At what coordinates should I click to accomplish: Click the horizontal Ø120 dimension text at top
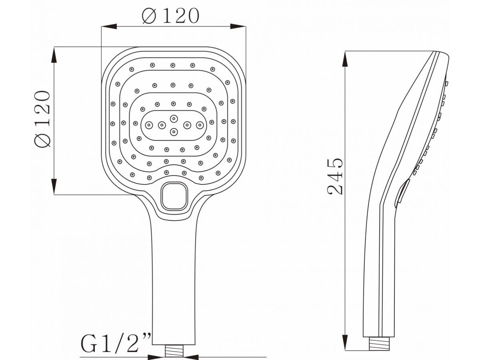170,16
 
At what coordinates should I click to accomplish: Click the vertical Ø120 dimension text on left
42,119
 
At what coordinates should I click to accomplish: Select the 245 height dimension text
335,176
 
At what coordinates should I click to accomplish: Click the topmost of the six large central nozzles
174,119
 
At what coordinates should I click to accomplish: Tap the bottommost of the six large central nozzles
174,132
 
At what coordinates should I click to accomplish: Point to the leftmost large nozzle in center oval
149,126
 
